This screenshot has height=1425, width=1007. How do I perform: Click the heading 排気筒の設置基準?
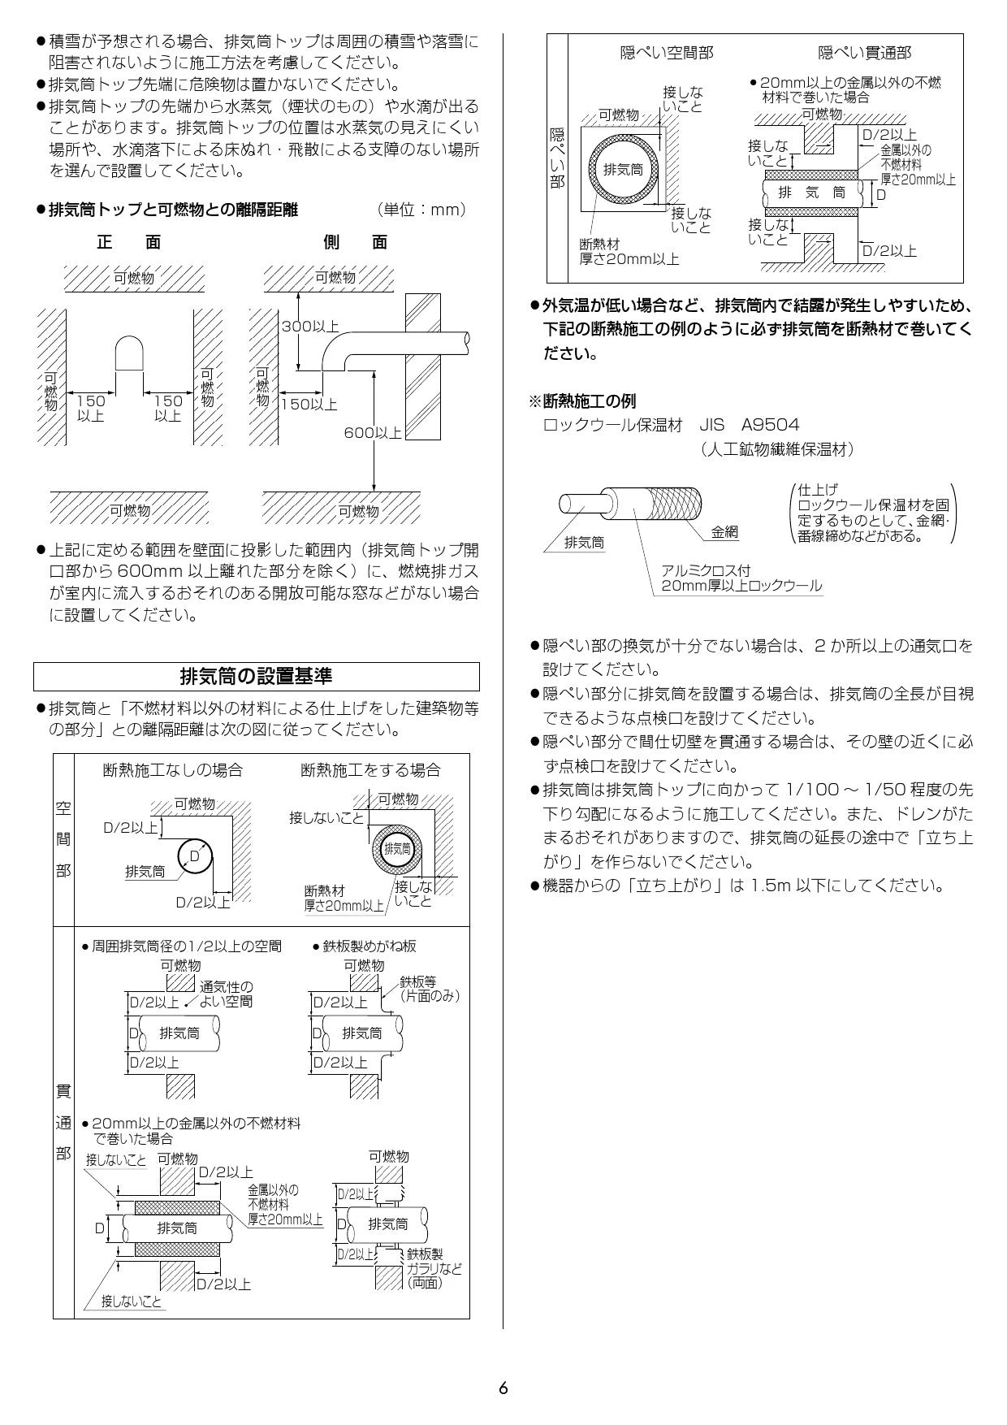[256, 676]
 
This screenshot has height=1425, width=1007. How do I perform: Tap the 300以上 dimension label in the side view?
[309, 327]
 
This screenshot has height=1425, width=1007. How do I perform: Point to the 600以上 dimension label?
[372, 432]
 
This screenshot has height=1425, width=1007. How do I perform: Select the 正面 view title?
[129, 241]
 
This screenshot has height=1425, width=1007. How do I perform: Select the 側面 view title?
[355, 241]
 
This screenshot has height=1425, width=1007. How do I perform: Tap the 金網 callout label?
[724, 532]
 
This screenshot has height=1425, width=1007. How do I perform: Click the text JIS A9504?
[749, 424]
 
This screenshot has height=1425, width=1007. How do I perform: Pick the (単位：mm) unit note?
[422, 210]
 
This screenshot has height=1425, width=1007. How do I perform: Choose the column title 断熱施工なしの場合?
[172, 769]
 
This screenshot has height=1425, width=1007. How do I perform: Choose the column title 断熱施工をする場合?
[370, 769]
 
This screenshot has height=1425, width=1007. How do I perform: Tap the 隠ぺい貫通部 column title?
[864, 53]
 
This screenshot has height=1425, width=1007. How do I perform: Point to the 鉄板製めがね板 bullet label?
[370, 946]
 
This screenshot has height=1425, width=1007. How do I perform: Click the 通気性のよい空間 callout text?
[227, 994]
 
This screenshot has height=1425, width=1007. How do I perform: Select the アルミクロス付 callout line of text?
[694, 570]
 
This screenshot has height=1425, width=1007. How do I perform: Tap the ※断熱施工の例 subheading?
[582, 401]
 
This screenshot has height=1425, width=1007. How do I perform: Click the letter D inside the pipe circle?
[194, 856]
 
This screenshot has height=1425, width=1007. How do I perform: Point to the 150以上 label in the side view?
[309, 404]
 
